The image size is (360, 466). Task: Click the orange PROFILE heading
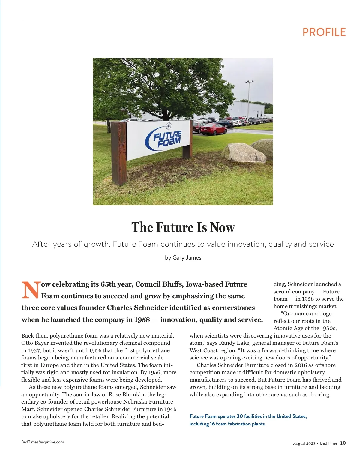click(x=324, y=32)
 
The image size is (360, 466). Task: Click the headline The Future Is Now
click(x=183, y=227)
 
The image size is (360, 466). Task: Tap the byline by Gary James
click(x=183, y=257)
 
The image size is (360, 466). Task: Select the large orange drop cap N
click(x=31, y=290)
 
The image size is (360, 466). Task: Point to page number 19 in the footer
click(x=343, y=443)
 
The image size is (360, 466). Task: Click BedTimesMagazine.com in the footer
click(x=43, y=442)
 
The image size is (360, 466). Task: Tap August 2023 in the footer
click(x=304, y=443)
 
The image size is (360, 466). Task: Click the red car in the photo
click(x=214, y=129)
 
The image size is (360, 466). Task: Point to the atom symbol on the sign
click(x=168, y=126)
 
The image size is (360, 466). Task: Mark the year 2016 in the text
click(x=301, y=365)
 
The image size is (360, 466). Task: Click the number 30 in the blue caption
click(x=240, y=416)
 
